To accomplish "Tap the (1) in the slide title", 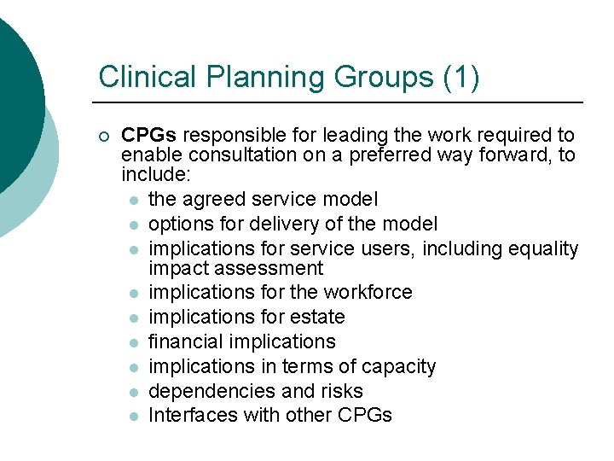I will pos(461,77).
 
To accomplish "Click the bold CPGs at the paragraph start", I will pos(149,136).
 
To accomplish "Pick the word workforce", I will pos(368,293).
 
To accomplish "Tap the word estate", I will pos(316,318).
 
